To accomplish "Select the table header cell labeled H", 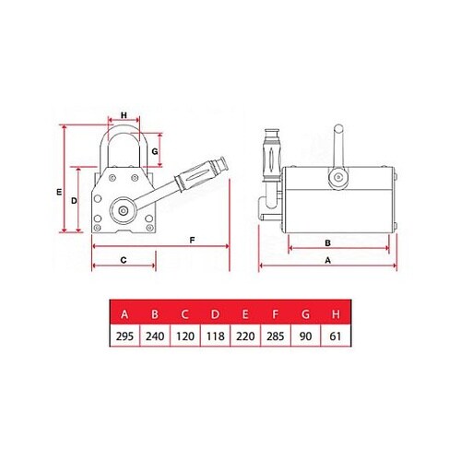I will [335, 314].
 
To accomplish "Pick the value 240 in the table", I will [155, 337].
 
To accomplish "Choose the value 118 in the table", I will [215, 337].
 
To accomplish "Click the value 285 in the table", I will [275, 337].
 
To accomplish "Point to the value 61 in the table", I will [335, 337].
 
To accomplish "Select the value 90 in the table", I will [305, 337].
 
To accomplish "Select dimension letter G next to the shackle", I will [156, 149].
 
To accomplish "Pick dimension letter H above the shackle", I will [123, 116].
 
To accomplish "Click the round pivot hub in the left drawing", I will [120, 211].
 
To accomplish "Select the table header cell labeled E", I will [245, 314].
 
